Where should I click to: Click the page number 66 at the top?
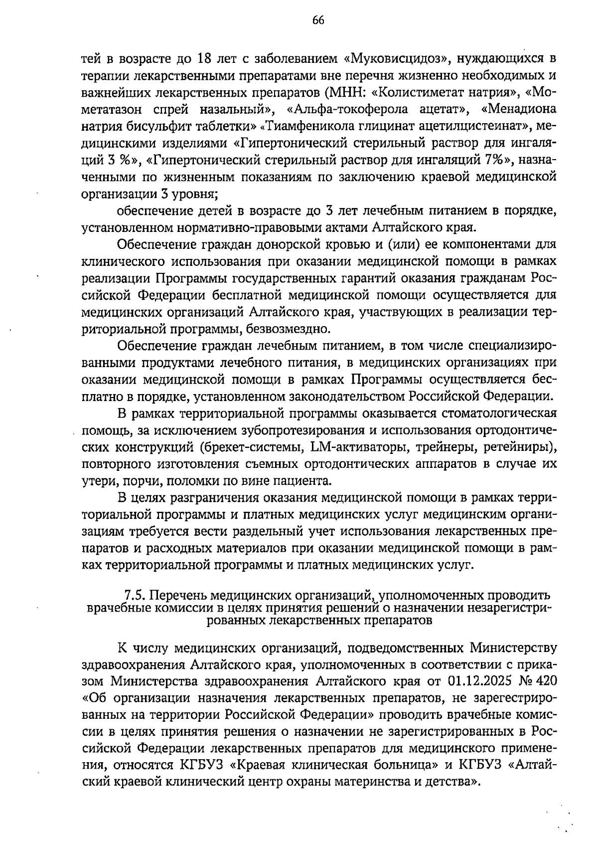(x=318, y=20)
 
